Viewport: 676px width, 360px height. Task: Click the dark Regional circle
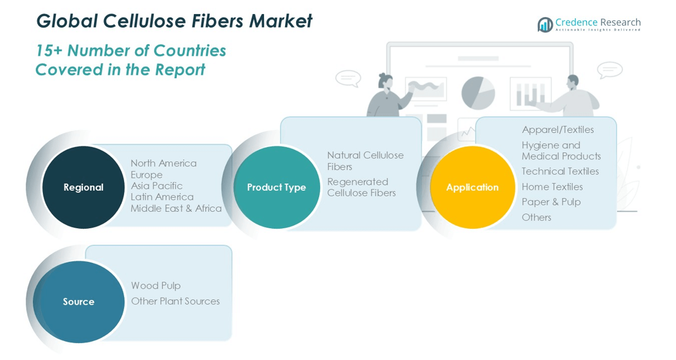(x=83, y=187)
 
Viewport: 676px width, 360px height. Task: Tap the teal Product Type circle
(x=277, y=187)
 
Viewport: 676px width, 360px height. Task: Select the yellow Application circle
(x=473, y=187)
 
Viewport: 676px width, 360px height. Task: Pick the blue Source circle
(x=79, y=302)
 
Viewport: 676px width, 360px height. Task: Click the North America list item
(x=164, y=163)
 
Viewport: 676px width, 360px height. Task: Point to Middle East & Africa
(x=176, y=208)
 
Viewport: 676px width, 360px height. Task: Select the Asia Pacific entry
(x=156, y=186)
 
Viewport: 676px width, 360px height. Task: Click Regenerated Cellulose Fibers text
(x=362, y=187)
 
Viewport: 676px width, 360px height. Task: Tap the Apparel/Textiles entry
(x=558, y=129)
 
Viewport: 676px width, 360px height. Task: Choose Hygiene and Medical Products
(x=561, y=151)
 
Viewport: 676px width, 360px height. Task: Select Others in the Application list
(x=536, y=217)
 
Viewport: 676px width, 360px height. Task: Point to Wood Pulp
(x=156, y=286)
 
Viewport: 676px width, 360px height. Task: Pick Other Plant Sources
(x=176, y=301)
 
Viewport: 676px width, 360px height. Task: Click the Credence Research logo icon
(x=545, y=24)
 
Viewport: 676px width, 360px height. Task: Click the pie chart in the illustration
(x=478, y=93)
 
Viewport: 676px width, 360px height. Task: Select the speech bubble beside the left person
(x=348, y=79)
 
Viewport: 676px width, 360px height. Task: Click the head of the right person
(x=573, y=82)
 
